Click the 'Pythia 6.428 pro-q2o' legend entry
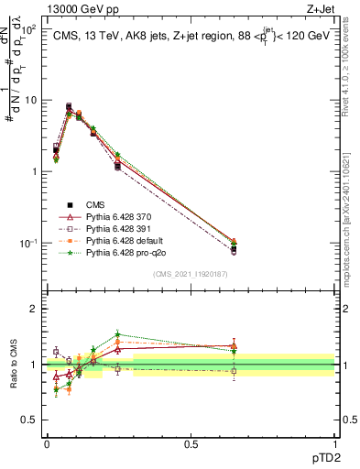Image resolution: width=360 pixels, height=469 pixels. pyautogui.click(x=127, y=252)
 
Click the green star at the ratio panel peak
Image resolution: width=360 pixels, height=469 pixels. pyautogui.click(x=117, y=334)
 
